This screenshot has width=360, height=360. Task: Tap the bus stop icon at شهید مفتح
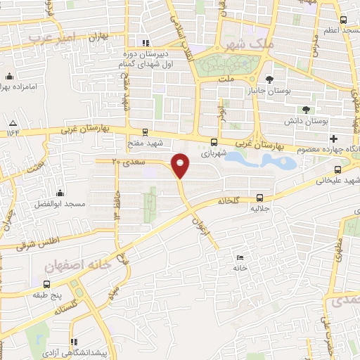coord(145,131)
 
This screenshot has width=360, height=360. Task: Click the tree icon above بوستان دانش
coord(306,109)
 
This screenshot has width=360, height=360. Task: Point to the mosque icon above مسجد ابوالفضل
coord(60,193)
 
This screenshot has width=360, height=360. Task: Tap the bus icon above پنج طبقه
coord(47,285)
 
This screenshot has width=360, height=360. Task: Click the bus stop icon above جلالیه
coord(260,198)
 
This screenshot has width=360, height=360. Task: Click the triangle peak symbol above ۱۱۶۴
coord(11,121)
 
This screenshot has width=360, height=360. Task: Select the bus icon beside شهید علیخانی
coord(339,169)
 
